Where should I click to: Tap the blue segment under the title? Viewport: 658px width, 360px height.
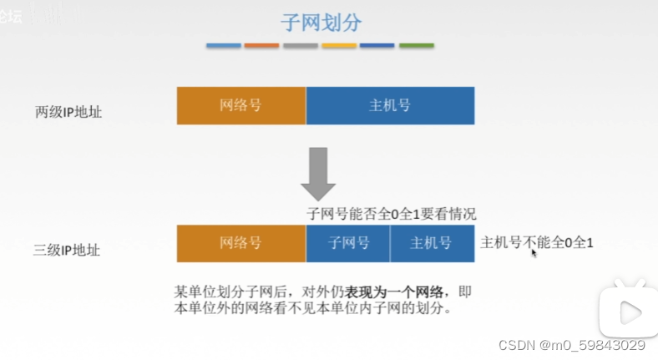point(223,45)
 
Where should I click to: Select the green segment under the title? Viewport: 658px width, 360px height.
point(416,45)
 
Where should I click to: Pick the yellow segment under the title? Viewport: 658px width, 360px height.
point(339,45)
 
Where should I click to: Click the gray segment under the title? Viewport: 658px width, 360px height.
point(301,45)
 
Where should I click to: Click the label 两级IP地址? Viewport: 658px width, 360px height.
point(68,112)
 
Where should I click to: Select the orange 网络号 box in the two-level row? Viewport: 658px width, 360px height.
point(241,106)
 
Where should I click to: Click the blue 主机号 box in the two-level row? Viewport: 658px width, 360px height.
point(390,106)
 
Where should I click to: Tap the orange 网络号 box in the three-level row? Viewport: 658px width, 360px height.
point(241,243)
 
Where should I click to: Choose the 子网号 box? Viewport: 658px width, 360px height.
point(348,243)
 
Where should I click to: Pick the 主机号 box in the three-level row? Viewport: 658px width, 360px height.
point(432,243)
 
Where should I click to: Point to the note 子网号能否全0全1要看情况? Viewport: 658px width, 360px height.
point(392,214)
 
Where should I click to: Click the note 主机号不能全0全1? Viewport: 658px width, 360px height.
point(537,242)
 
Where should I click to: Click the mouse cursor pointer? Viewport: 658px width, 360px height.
point(534,252)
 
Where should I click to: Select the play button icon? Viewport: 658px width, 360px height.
point(629,312)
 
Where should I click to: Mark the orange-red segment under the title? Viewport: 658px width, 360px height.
point(261,45)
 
